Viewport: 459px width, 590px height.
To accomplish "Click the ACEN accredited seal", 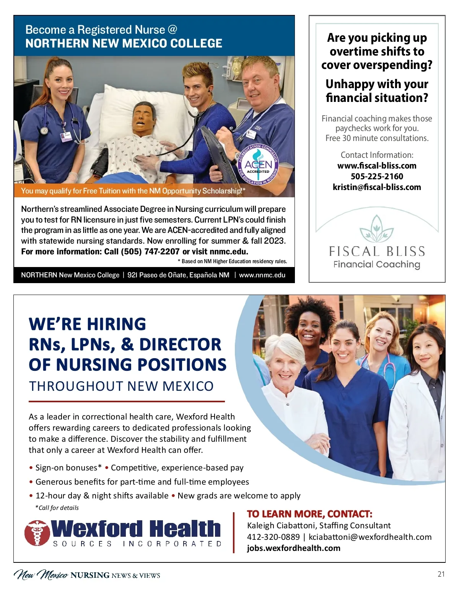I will click(x=258, y=165).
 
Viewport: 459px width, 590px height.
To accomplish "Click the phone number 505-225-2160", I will click(x=377, y=176).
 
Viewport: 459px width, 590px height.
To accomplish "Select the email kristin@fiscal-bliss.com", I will click(x=377, y=187).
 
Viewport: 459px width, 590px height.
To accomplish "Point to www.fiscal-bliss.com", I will click(x=377, y=166).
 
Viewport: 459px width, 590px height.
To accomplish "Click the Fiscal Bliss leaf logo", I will click(x=377, y=229).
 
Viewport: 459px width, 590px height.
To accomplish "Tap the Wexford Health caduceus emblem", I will click(x=37, y=533).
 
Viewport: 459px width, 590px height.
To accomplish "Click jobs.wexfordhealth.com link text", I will click(x=293, y=548).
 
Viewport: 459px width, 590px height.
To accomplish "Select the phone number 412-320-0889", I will click(x=273, y=537).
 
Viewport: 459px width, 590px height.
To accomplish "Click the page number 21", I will click(x=441, y=574).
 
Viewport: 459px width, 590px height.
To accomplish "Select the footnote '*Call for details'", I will click(x=57, y=508).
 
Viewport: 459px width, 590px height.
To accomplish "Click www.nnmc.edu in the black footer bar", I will click(x=262, y=275).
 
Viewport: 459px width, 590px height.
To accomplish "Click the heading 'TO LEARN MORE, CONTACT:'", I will click(x=309, y=514).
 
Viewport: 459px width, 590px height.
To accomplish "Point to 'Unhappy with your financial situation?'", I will click(x=377, y=91).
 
